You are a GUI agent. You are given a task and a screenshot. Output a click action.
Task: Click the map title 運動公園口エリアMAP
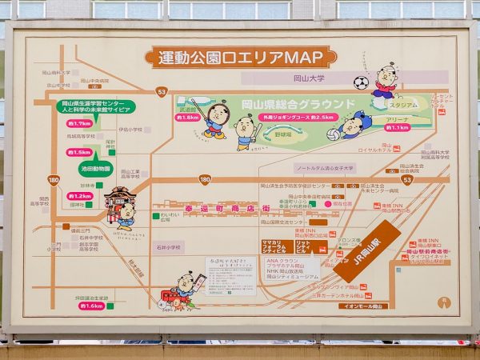tap(239, 57)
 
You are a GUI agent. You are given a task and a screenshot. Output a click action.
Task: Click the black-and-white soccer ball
tap(361, 82)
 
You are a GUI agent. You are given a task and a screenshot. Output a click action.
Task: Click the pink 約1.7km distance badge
tap(79, 124)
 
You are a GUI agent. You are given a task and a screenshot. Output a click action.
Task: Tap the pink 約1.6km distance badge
tap(90, 306)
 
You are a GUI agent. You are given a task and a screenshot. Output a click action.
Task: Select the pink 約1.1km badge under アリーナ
tap(398, 127)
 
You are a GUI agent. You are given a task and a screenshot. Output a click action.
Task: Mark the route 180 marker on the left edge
tap(53, 179)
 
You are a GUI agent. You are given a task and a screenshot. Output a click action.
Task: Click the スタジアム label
tap(404, 105)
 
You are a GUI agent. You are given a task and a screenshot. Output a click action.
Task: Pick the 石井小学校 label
tap(170, 246)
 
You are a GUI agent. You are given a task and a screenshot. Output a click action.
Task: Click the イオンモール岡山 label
tap(362, 306)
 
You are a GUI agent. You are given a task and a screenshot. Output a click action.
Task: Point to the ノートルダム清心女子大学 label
tap(325, 169)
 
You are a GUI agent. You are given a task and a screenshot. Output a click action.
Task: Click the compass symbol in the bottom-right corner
tap(443, 303)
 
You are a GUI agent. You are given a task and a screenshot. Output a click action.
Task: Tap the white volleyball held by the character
tap(333, 134)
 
